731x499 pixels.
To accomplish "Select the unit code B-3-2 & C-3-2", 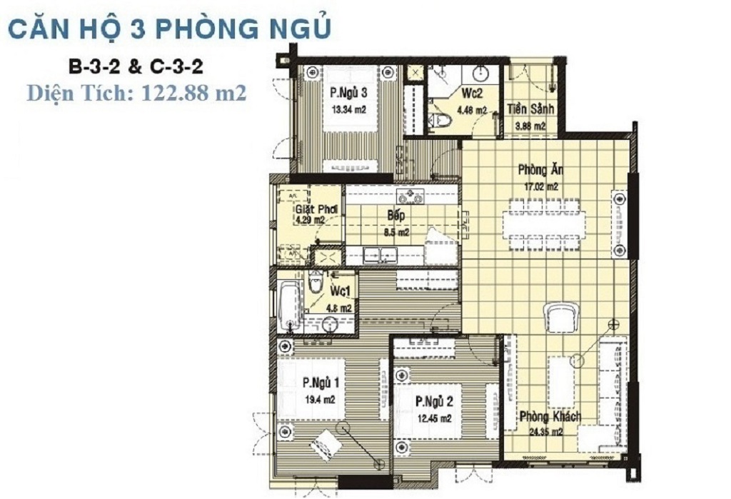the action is click(x=136, y=67).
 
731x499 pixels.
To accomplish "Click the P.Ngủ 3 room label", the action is click(x=348, y=92).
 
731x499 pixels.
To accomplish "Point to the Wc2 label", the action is click(x=472, y=94).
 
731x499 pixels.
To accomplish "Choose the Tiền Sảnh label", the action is click(x=530, y=109).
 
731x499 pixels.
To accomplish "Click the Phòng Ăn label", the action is click(x=540, y=169).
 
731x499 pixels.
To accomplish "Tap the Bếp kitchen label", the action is click(x=395, y=215).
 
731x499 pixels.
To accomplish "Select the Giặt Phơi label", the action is click(x=316, y=209).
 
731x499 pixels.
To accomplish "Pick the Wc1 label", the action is click(x=340, y=291).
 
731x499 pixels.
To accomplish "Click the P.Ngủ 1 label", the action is click(x=321, y=383).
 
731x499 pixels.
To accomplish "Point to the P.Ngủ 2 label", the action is click(x=434, y=401).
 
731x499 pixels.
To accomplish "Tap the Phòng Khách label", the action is click(x=550, y=416).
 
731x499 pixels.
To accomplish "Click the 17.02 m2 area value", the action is click(x=541, y=187).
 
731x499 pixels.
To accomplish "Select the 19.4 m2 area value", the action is click(x=320, y=400).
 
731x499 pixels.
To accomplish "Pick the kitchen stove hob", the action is click(x=410, y=196).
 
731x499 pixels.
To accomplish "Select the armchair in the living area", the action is click(x=561, y=317).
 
